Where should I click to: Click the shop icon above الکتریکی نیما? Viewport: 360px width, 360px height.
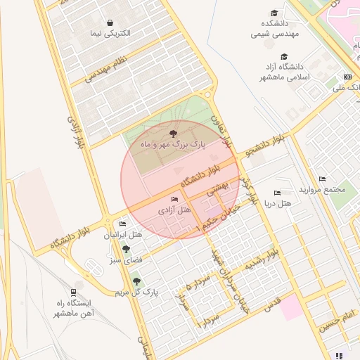110,22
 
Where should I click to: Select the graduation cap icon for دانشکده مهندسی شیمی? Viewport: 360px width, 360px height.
274,13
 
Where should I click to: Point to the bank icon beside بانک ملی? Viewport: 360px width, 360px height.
347,77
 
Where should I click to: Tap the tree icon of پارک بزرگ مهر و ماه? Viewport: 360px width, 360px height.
174,133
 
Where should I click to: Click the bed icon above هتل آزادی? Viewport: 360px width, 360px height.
174,200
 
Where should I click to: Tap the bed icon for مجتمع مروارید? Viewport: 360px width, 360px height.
322,179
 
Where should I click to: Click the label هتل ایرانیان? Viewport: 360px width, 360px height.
123,234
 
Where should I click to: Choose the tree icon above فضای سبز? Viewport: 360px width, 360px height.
126,249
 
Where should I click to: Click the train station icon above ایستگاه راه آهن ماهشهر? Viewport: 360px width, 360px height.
73,292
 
